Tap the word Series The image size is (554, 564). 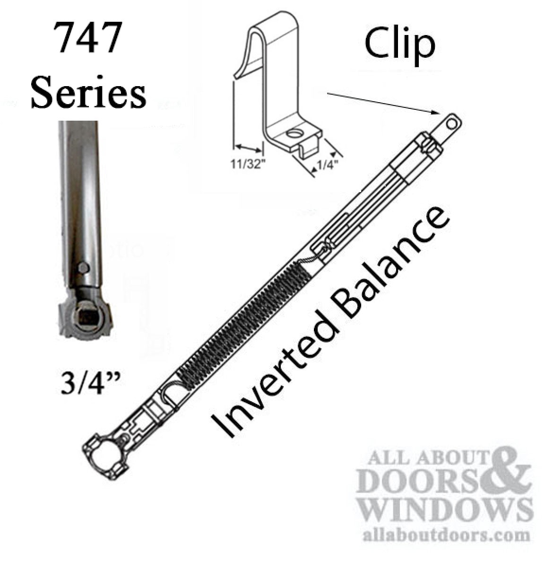pyautogui.click(x=88, y=92)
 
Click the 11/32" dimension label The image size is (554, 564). pyautogui.click(x=248, y=164)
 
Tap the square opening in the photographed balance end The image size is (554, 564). pyautogui.click(x=86, y=317)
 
